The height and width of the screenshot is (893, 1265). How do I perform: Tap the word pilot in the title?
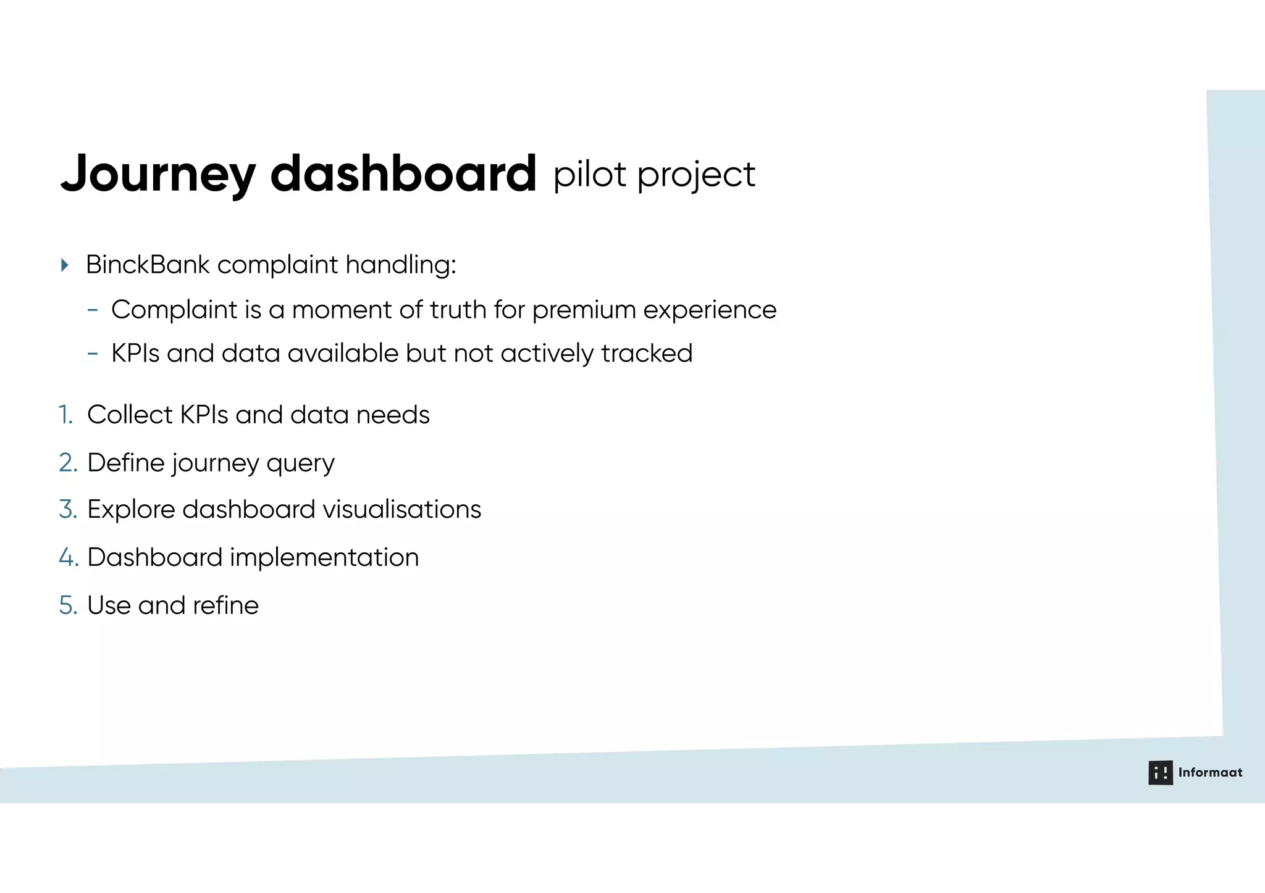[x=589, y=175]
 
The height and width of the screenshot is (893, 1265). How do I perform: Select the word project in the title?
[x=696, y=176]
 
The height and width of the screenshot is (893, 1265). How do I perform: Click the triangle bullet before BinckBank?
[x=65, y=265]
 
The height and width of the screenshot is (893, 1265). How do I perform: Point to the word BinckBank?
[x=148, y=265]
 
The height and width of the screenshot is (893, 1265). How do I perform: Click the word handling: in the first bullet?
[x=400, y=265]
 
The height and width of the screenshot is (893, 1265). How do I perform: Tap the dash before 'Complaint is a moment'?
[x=93, y=310]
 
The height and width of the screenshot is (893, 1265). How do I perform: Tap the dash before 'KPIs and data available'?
[x=93, y=354]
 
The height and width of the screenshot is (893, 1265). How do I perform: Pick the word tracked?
[x=647, y=354]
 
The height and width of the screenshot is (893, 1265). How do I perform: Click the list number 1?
[x=65, y=415]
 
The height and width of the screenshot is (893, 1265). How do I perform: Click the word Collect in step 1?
[x=130, y=415]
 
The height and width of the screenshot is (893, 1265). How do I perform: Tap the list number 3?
[x=68, y=510]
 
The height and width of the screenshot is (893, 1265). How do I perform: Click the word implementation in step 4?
[x=324, y=558]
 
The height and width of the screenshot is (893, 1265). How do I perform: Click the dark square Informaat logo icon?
[x=1160, y=773]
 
